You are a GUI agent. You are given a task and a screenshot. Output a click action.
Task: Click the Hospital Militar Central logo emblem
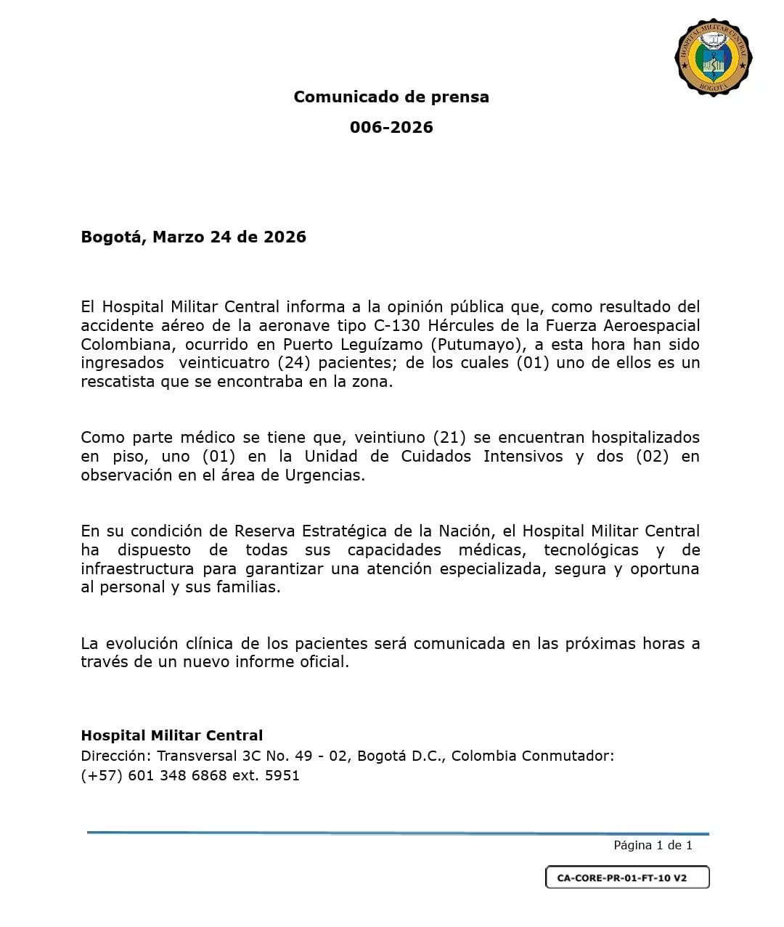pyautogui.click(x=713, y=57)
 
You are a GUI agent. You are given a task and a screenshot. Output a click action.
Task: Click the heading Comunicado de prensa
pyautogui.click(x=391, y=97)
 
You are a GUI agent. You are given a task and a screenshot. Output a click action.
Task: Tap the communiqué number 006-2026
pyautogui.click(x=391, y=128)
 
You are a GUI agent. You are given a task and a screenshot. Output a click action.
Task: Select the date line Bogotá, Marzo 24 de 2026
pyautogui.click(x=193, y=237)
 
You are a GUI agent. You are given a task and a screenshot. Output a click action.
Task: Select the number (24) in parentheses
pyautogui.click(x=294, y=363)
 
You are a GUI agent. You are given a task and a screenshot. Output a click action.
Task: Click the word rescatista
pyautogui.click(x=118, y=382)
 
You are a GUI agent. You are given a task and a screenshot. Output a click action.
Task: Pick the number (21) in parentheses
pyautogui.click(x=450, y=438)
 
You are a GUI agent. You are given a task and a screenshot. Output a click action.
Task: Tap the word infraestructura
pyautogui.click(x=137, y=569)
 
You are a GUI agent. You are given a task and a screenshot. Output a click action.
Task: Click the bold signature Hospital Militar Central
pyautogui.click(x=171, y=735)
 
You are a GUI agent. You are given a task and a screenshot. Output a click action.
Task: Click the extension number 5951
pyautogui.click(x=282, y=775)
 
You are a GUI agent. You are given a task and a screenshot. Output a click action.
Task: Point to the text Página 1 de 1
pyautogui.click(x=653, y=845)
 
